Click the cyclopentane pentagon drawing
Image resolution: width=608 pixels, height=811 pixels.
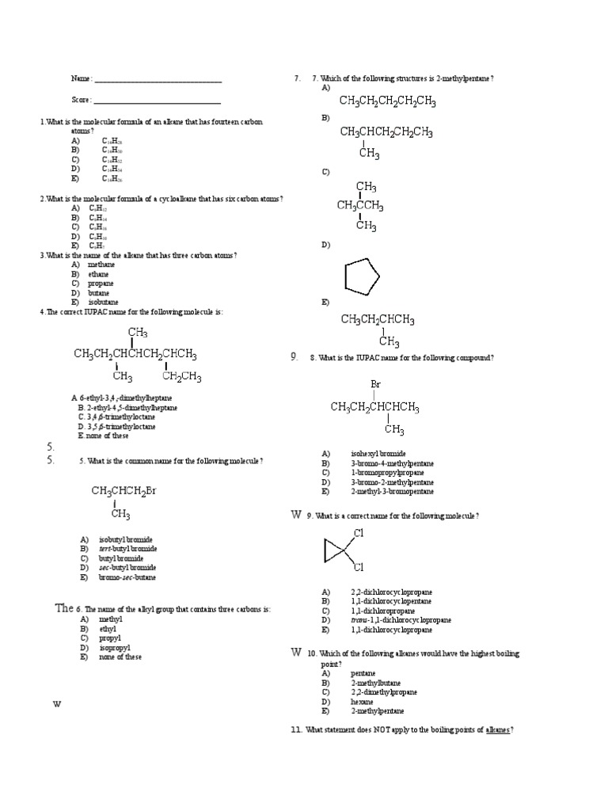[x=362, y=277]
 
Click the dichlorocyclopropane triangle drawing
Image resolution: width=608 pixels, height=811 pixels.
[x=335, y=550]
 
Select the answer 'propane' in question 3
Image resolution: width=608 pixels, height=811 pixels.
[x=101, y=284]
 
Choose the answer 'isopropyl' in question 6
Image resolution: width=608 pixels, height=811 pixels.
[x=114, y=648]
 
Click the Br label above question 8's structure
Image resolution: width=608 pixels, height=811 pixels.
[x=376, y=385]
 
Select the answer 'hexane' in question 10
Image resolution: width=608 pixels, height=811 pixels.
[x=362, y=702]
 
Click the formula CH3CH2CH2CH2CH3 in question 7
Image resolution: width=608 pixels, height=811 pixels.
[x=388, y=101]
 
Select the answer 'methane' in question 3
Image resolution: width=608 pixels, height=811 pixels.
[x=101, y=265]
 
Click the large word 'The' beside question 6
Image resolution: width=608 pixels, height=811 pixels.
[x=64, y=608]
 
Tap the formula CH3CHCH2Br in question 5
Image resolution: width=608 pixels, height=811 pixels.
[x=124, y=491]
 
